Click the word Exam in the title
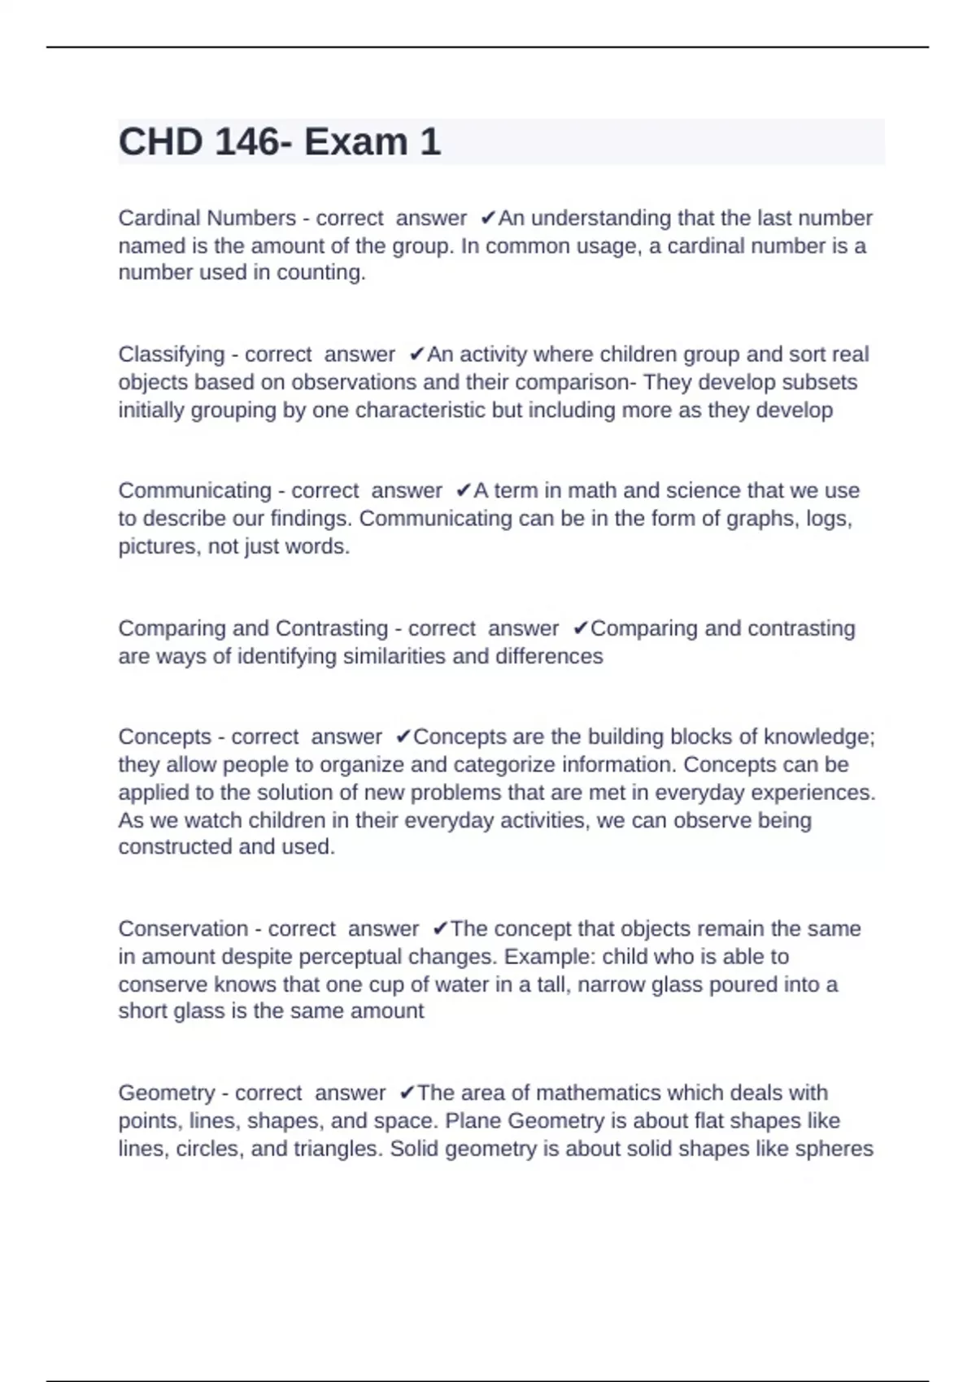click(355, 142)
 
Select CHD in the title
click(160, 142)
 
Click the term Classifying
click(171, 354)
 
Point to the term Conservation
click(183, 928)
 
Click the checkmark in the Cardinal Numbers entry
click(488, 218)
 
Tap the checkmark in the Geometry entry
click(407, 1093)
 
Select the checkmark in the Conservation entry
click(440, 928)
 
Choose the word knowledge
click(819, 737)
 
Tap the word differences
click(550, 656)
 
